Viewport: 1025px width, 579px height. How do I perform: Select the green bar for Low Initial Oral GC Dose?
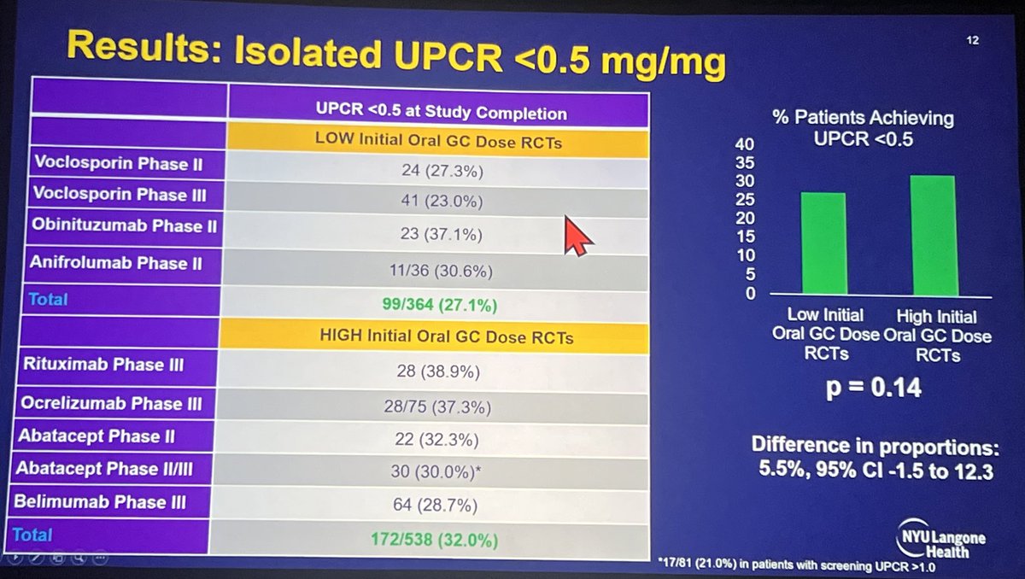(823, 243)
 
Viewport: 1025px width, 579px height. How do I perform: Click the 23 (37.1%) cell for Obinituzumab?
(439, 230)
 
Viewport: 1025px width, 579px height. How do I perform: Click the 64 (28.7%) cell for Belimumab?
(441, 505)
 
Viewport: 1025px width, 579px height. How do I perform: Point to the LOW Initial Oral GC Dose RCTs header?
(441, 142)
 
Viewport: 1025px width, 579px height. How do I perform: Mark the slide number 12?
(972, 40)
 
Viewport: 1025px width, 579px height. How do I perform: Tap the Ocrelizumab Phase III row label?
(108, 402)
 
